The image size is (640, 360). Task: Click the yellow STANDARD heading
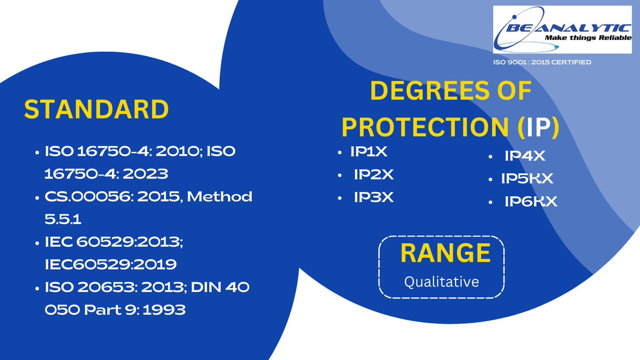[97, 109]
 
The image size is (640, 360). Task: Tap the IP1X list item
[369, 153]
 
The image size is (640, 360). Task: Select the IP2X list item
[374, 175]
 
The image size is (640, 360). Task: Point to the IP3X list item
[374, 197]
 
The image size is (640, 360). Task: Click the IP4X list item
[525, 156]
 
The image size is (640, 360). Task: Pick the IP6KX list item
[531, 202]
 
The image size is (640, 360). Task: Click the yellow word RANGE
[445, 253]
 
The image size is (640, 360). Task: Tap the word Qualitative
[442, 281]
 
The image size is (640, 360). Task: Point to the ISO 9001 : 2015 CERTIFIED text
[542, 63]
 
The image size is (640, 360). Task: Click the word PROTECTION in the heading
[422, 126]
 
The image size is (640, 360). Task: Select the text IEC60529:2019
[111, 264]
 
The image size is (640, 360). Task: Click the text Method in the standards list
[221, 197]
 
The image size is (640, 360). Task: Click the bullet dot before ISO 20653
[37, 288]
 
